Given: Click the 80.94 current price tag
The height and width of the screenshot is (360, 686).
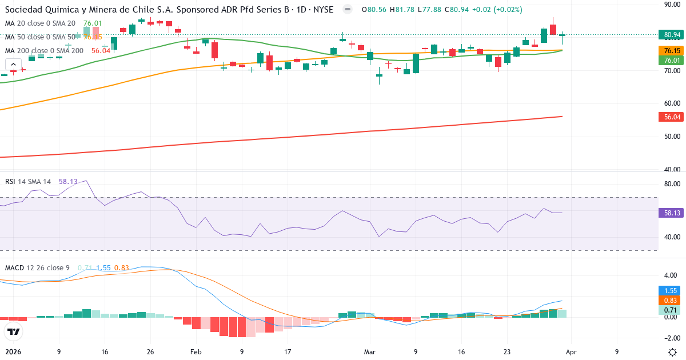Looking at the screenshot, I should [672, 35].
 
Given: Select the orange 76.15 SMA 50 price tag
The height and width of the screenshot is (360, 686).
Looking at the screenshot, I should [672, 50].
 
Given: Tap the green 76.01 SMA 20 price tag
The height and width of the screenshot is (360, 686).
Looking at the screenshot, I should [672, 60].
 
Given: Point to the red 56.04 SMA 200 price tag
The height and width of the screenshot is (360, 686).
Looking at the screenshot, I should [672, 117].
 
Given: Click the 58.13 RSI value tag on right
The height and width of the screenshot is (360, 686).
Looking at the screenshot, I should [672, 213].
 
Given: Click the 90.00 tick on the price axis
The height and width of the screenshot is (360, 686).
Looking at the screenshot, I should [672, 4].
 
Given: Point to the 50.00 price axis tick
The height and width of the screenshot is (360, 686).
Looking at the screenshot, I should [672, 137].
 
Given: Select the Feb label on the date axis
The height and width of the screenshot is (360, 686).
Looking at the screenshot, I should [196, 352].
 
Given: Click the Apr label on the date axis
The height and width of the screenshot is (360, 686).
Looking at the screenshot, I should [572, 352].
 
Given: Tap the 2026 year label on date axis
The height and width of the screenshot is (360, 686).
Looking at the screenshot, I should [13, 352].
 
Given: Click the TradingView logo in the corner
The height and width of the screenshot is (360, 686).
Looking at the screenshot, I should [14, 331].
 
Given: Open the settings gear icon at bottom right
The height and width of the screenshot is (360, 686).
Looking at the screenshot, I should [673, 352].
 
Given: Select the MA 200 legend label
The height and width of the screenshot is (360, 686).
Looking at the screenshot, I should [44, 51].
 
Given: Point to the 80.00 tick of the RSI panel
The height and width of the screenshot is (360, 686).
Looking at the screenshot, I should [672, 184].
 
